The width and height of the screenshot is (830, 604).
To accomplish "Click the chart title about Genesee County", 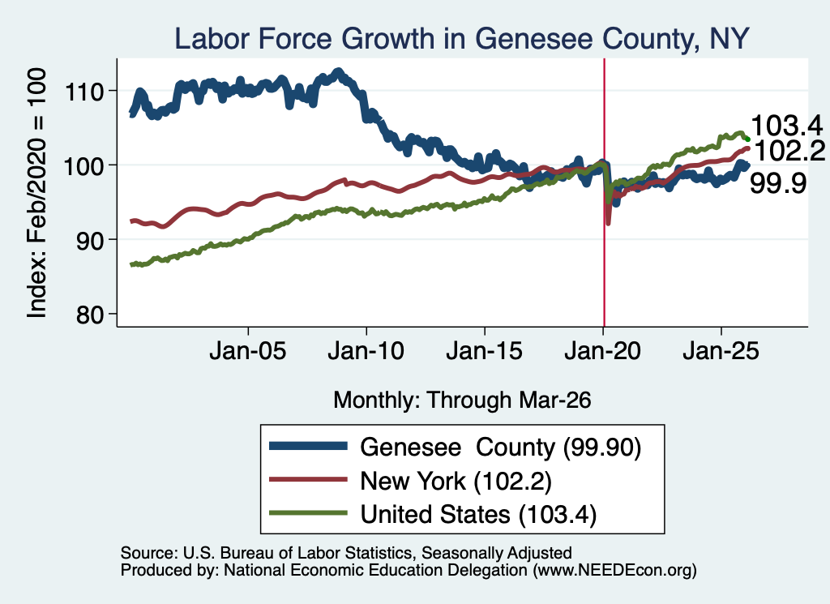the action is [x=461, y=39].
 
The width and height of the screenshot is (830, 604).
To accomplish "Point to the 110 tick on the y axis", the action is [x=84, y=92].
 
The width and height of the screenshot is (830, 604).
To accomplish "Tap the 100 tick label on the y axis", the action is [x=84, y=166].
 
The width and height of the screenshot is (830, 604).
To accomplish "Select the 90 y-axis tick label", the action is [x=89, y=240].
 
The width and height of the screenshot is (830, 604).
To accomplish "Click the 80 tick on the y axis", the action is [x=89, y=315].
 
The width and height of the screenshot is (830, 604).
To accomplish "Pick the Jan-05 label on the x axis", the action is [x=248, y=351].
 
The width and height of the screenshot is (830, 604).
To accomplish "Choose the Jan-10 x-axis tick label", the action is [x=366, y=351].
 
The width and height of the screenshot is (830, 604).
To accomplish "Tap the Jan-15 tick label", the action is [x=485, y=351].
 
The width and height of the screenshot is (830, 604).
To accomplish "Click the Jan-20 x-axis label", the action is [x=603, y=351].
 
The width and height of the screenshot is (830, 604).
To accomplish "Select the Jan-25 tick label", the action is [x=721, y=351].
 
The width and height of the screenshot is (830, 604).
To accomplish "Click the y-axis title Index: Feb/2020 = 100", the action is [x=36, y=193].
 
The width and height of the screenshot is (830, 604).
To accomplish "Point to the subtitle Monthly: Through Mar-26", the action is [x=462, y=401].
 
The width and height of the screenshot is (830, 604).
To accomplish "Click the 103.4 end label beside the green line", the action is [x=786, y=126].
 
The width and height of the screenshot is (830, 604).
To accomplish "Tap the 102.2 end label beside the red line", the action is [x=789, y=151].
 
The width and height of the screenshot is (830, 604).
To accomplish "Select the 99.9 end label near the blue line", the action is [x=778, y=184].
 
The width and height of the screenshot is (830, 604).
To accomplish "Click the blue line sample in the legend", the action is [x=309, y=446].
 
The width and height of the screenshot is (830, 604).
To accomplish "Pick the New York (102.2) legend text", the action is [x=456, y=482].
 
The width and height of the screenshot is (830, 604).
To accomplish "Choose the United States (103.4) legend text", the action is [x=478, y=515].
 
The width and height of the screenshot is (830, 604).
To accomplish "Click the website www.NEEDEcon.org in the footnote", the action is [x=614, y=570].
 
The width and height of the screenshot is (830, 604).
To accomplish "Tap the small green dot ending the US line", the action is [x=747, y=139].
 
